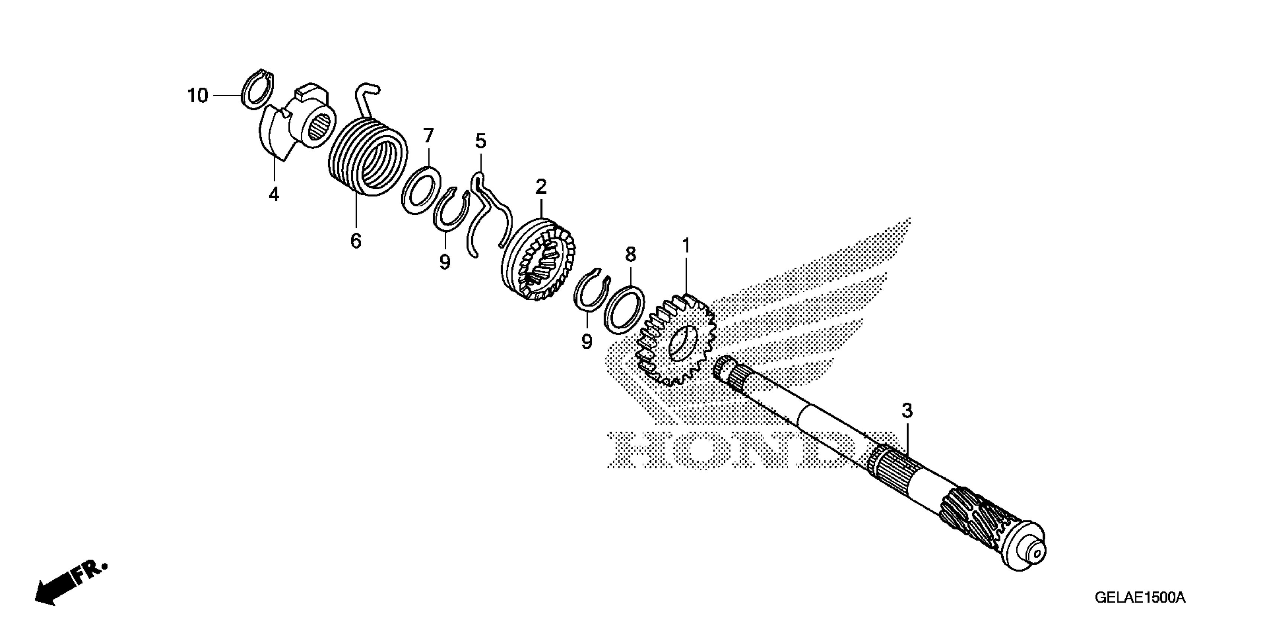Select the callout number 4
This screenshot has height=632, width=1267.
[x=274, y=194]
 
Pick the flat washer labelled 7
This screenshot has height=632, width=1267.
[x=421, y=190]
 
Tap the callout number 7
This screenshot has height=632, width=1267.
[x=428, y=135]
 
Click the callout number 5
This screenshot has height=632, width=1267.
[x=480, y=141]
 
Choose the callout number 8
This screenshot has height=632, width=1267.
[x=630, y=254]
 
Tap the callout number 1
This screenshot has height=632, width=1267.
[x=686, y=245]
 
